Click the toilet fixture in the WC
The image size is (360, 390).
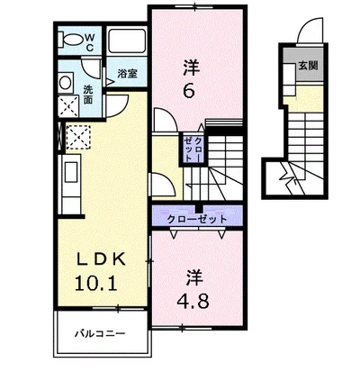71,39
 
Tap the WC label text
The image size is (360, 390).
90,42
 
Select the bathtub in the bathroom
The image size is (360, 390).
127,41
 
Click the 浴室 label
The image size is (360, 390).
127,73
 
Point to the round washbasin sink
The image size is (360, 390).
65,83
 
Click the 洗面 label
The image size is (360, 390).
87,95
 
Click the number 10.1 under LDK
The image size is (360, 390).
96,283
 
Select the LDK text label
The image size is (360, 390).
102,258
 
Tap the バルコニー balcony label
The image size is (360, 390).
100,333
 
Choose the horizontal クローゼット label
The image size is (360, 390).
197,219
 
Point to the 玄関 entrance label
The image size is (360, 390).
308,65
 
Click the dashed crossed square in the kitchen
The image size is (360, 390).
78,137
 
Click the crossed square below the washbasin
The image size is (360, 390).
68,106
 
